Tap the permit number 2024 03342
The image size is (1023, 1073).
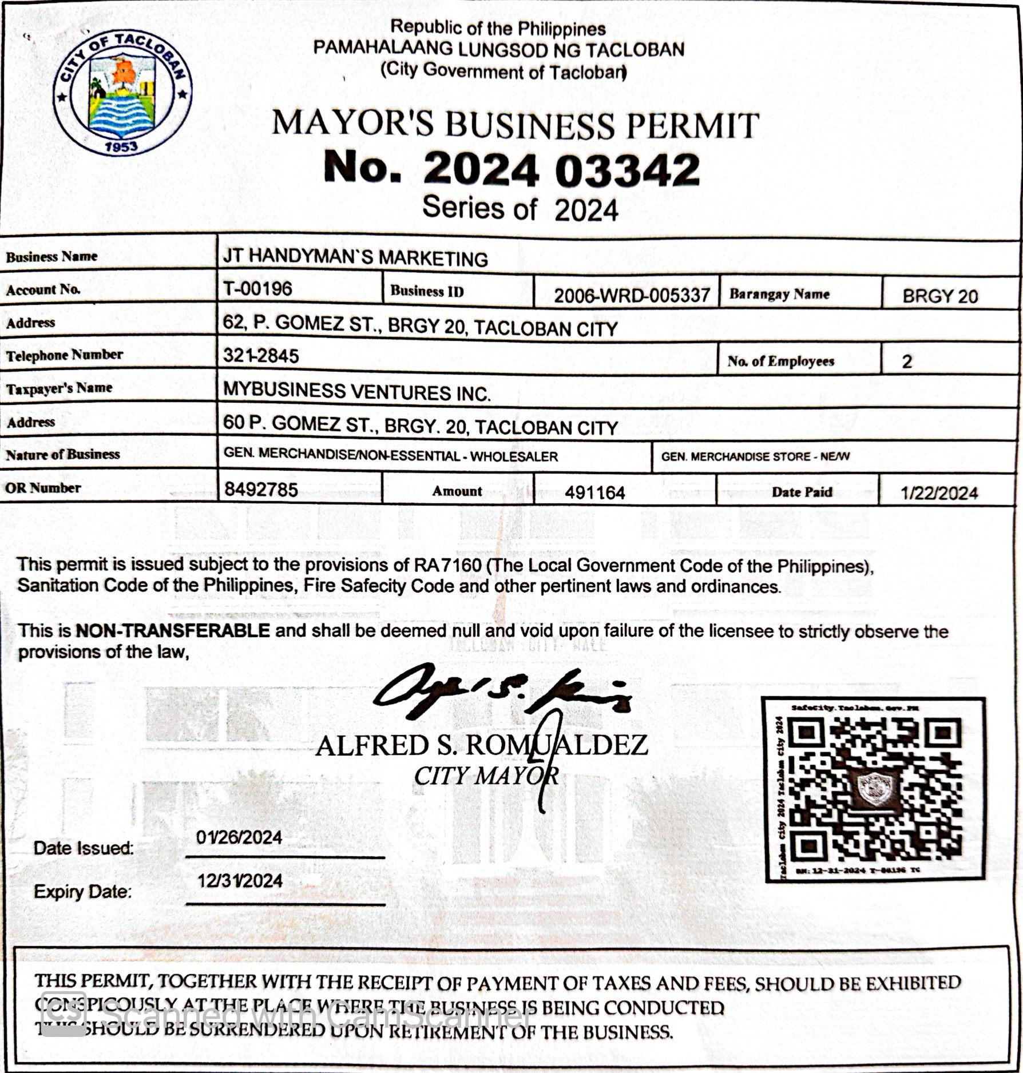point(511,170)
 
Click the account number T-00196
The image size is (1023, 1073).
point(257,288)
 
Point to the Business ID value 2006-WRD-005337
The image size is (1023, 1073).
point(632,295)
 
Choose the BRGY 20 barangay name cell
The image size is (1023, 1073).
point(940,296)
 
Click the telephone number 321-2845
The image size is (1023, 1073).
point(261,356)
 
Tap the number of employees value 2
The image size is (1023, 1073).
point(907,361)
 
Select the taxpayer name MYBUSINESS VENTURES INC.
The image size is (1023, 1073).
point(356,392)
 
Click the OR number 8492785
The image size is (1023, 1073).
point(261,490)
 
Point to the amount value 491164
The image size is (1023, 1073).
point(595,492)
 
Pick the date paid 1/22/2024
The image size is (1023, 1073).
point(939,493)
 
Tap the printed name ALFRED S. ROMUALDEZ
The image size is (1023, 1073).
point(482,745)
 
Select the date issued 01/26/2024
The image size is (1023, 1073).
point(239,838)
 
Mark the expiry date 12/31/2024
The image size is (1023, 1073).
point(240,880)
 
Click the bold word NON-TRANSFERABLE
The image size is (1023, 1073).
point(173,630)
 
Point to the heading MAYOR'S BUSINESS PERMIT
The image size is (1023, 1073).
point(515,124)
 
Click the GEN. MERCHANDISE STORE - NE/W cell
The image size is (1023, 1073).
point(755,456)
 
